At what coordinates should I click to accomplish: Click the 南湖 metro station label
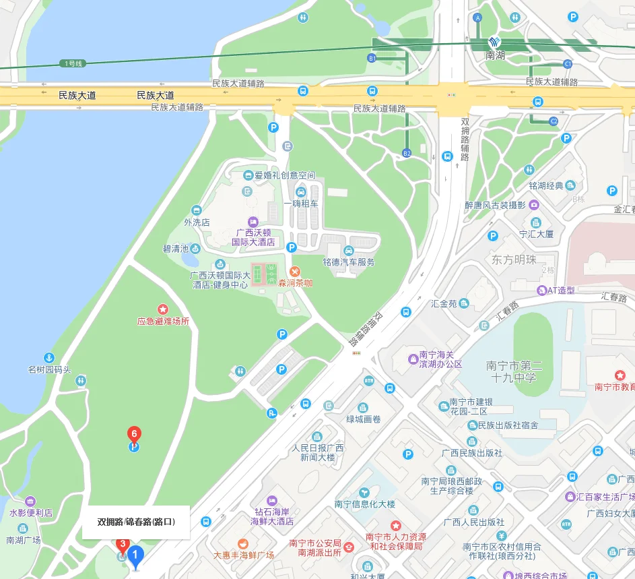(x=495, y=56)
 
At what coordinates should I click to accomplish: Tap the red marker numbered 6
(x=134, y=433)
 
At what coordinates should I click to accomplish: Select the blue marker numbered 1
(x=136, y=556)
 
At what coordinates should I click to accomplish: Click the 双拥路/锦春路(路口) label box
(x=136, y=522)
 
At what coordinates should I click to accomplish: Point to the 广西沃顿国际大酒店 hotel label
(x=253, y=237)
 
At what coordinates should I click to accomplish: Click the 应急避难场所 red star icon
(x=163, y=309)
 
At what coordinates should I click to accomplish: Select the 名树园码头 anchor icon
(x=48, y=357)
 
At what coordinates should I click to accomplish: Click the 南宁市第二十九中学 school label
(x=514, y=371)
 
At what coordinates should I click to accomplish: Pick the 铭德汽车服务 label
(x=348, y=262)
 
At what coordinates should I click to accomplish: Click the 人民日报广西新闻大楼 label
(x=318, y=452)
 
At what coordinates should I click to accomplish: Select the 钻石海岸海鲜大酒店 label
(x=272, y=516)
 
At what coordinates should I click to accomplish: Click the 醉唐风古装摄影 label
(x=495, y=205)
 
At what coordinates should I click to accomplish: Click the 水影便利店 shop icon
(x=31, y=501)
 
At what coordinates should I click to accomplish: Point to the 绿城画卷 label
(x=364, y=419)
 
